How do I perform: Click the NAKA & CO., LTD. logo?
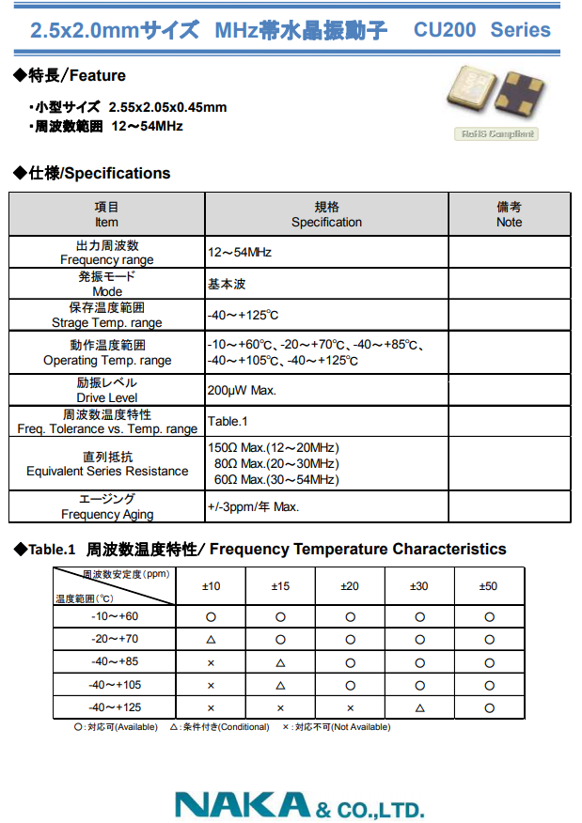299,805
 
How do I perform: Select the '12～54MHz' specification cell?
240,253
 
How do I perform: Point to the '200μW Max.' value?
242,390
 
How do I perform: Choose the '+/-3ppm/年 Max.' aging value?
253,507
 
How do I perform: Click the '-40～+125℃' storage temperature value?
243,315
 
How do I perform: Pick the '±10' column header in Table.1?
211,586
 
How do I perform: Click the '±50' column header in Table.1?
488,586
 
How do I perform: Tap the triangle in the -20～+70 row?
211,640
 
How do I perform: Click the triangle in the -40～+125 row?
419,707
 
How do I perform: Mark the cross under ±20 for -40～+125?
350,707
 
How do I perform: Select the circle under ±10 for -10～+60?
211,617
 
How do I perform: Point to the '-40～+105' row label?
115,685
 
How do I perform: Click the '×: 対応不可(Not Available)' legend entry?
336,727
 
